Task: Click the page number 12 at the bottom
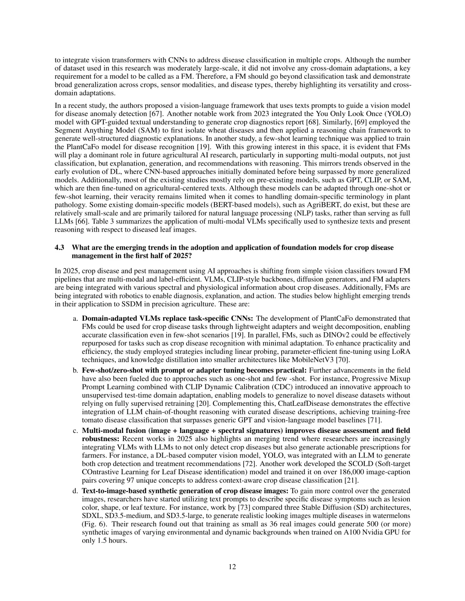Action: point(232,567)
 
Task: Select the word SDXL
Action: point(92,516)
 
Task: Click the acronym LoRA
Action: point(402,351)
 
